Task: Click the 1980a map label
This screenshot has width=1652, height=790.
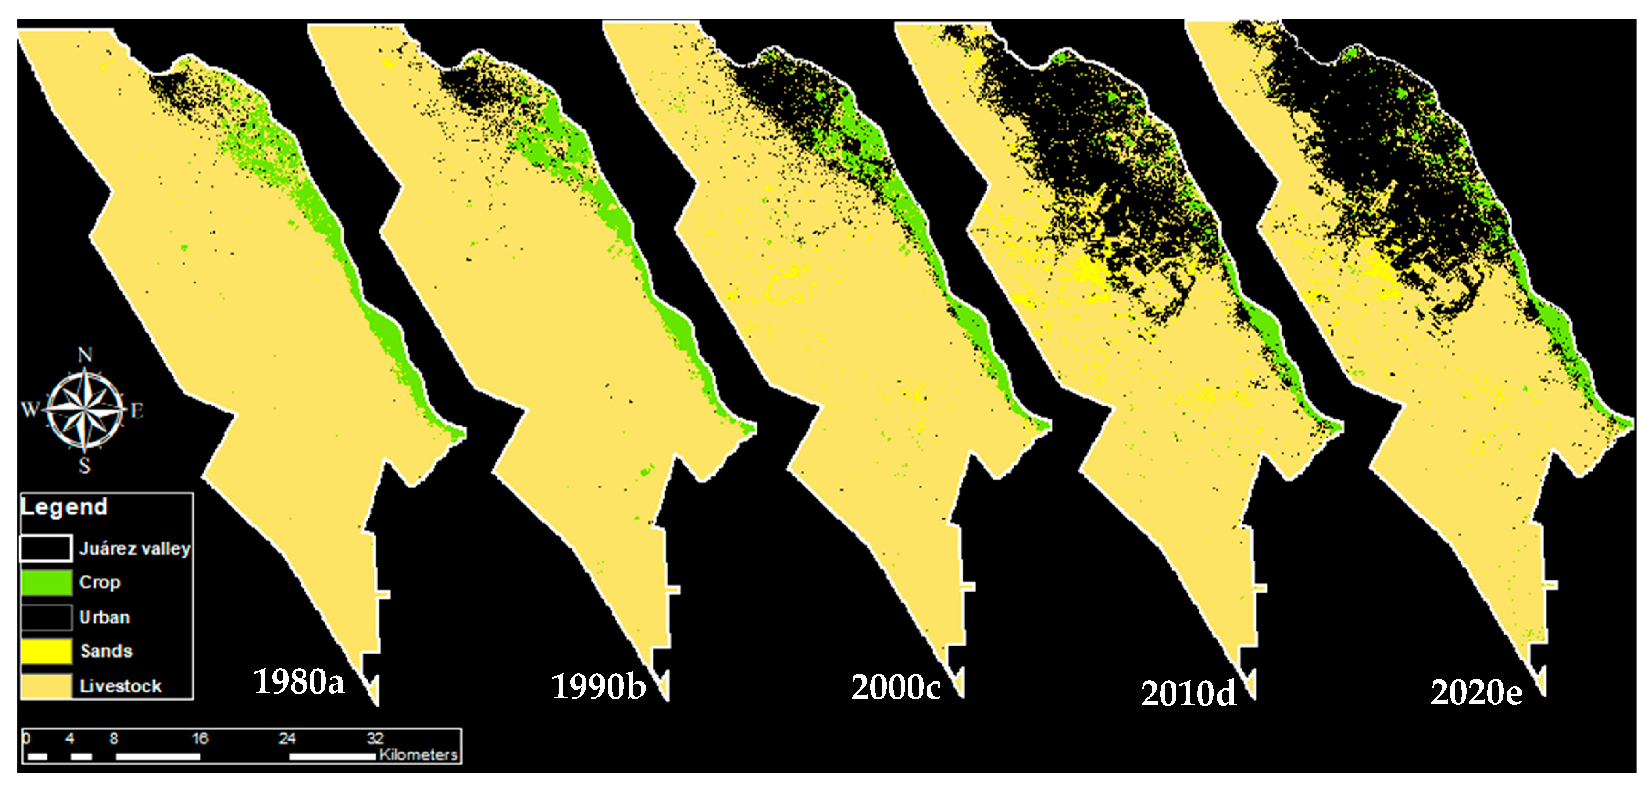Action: (x=299, y=682)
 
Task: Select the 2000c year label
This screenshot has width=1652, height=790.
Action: (x=895, y=688)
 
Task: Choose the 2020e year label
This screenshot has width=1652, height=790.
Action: (x=1476, y=692)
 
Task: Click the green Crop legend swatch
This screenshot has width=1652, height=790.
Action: (x=46, y=582)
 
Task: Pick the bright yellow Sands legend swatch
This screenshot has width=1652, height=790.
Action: (x=46, y=652)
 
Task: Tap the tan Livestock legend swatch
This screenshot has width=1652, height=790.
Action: (x=46, y=686)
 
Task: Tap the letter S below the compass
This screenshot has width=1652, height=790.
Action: (x=85, y=466)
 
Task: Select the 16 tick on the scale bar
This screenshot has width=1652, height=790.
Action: (x=200, y=739)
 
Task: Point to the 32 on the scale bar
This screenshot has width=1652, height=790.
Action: (x=375, y=739)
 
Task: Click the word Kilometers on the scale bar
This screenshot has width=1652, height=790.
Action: (x=418, y=755)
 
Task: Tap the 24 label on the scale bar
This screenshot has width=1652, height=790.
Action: (x=287, y=739)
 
